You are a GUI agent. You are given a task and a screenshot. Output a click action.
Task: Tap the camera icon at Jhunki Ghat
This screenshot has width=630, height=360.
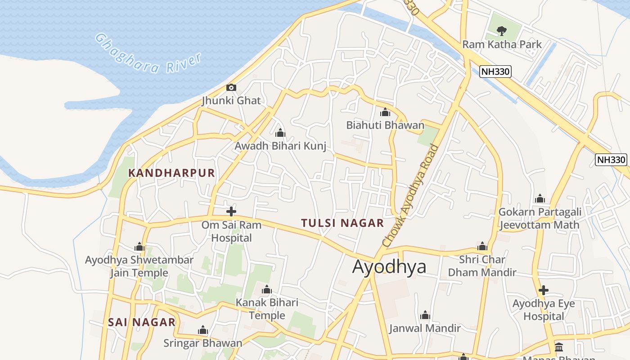tap(231, 87)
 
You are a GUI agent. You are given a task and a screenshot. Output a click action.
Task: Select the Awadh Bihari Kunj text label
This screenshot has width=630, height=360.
tap(280, 146)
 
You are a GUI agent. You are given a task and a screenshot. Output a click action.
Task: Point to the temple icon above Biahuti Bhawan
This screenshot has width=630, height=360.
tap(385, 112)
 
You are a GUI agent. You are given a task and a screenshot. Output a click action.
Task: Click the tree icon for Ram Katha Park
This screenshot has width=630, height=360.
tap(501, 31)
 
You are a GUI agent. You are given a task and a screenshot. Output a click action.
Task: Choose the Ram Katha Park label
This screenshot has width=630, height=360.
tap(502, 44)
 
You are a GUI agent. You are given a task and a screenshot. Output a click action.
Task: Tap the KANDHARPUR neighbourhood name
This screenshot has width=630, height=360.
tap(171, 173)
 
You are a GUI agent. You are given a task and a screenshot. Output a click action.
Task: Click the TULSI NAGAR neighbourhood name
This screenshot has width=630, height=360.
tap(342, 223)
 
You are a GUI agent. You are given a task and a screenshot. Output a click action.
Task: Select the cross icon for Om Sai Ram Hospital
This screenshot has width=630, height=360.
tap(231, 211)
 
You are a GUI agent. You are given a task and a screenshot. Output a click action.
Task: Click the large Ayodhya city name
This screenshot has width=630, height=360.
tap(389, 267)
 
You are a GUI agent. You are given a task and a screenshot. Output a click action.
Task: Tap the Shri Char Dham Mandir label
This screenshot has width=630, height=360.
tap(482, 266)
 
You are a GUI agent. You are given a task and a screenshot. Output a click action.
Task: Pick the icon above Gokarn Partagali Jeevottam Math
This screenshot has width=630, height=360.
tap(540, 198)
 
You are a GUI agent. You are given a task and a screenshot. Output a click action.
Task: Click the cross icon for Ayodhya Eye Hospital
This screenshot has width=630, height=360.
tap(544, 290)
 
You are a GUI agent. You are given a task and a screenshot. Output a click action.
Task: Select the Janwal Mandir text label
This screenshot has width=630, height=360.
tap(425, 328)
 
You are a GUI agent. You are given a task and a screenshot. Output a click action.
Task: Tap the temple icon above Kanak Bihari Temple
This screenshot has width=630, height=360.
tap(267, 289)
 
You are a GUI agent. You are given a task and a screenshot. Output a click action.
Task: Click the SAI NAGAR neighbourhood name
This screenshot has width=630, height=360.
tap(142, 322)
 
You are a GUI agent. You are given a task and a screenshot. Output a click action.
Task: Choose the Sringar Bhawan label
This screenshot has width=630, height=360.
tap(202, 343)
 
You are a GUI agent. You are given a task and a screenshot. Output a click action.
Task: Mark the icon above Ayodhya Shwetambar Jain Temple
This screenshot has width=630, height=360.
tap(139, 247)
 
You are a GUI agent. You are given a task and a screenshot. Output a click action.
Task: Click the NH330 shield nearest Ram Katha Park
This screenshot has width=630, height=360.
tap(495, 71)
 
